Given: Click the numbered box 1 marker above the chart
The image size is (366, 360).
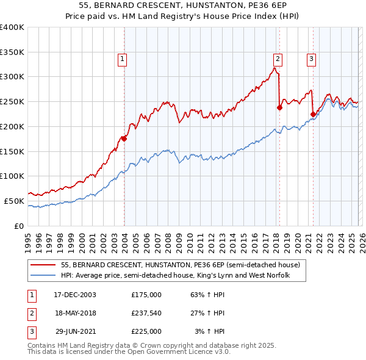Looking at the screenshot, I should (x=123, y=59).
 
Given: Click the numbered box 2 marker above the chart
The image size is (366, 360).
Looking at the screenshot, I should (x=278, y=59).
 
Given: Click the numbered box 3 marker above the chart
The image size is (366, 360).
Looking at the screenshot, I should (x=311, y=59).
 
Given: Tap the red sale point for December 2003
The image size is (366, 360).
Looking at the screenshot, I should (x=124, y=139).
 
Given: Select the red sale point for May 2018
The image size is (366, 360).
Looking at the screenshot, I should (x=279, y=107).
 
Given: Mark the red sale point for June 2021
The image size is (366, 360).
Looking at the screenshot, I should (x=313, y=113).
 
